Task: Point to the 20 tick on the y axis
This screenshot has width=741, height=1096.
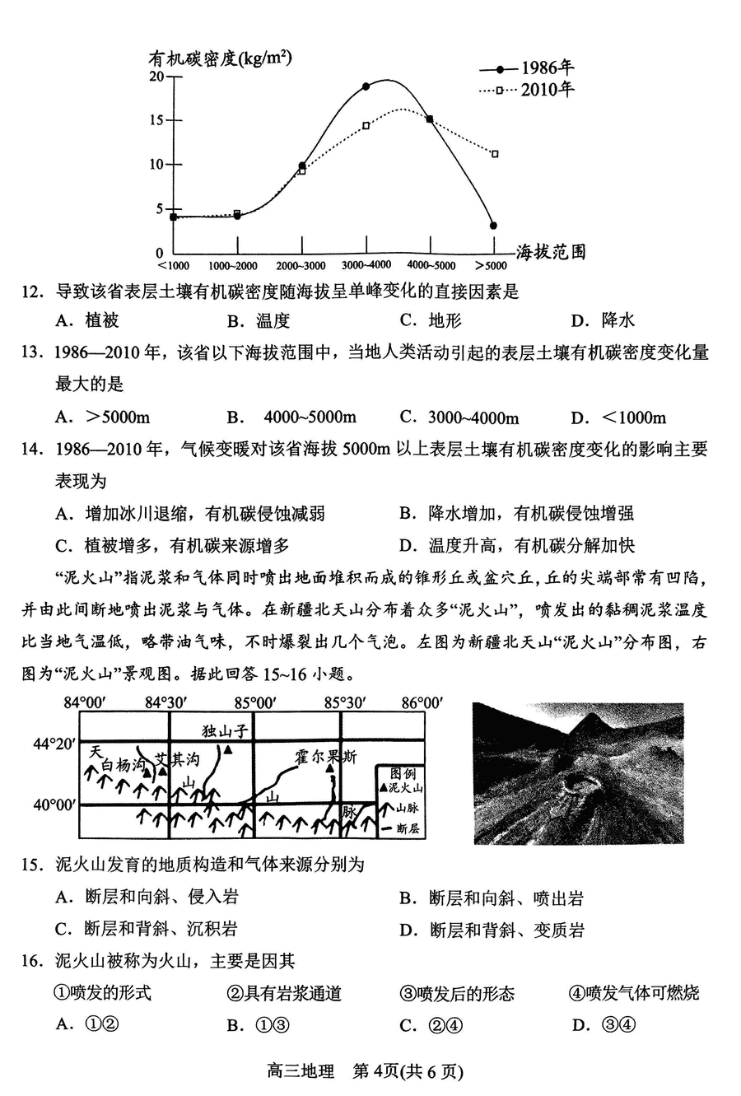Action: (156, 77)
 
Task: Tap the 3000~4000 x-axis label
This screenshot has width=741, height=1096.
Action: (366, 266)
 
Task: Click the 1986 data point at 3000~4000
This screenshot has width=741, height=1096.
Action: (366, 86)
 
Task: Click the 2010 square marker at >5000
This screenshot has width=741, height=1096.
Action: (494, 154)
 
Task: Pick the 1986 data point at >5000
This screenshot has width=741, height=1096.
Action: (493, 225)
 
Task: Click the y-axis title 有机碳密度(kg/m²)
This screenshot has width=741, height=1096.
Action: (220, 58)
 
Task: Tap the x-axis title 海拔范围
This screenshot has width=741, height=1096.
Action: (551, 252)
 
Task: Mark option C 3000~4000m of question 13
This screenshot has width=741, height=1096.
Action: (473, 417)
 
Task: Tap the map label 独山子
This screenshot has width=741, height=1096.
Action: (225, 730)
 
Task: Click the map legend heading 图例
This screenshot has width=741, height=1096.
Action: (403, 774)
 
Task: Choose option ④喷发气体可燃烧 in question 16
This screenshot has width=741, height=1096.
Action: (633, 993)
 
